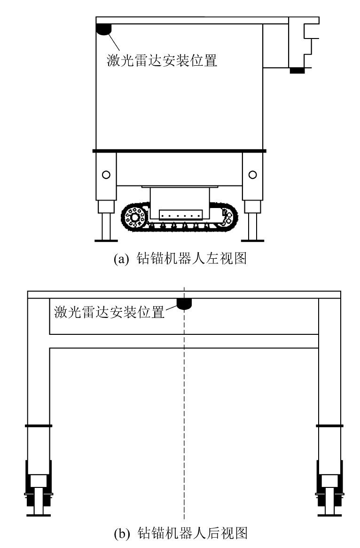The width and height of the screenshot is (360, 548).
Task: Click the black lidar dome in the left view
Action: pos(103,29)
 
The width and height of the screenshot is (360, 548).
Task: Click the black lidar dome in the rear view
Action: pos(184,303)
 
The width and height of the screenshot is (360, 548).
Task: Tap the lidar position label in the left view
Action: pos(162,61)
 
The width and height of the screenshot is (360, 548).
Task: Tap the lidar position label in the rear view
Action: pos(109,312)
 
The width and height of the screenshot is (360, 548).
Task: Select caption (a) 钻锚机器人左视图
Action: pos(180,258)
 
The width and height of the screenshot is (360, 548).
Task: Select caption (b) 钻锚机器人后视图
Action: pos(181,533)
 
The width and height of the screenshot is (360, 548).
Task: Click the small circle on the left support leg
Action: pos(106,174)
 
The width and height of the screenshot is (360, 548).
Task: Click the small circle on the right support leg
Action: pos(252,174)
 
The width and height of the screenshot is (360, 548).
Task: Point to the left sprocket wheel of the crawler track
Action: pos(134,217)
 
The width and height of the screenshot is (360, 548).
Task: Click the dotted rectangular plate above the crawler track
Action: pos(180,215)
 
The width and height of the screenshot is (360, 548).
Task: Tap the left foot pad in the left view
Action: pos(106,240)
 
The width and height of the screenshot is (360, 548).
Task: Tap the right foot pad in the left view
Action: pos(252,240)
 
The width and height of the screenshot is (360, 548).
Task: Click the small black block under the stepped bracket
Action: pos(297,70)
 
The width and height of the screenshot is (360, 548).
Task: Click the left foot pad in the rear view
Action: pos(39,515)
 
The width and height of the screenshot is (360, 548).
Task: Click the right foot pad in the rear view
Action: pos(329,515)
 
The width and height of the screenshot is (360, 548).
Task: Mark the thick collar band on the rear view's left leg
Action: pos(39,426)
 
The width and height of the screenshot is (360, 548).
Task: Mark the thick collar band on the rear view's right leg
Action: pos(329,426)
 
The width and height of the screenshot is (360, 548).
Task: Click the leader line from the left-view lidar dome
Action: pos(114,42)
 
